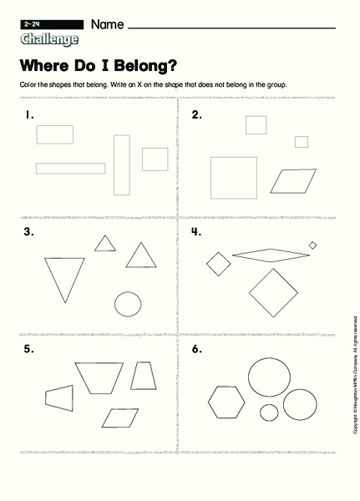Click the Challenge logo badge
coord(50,39)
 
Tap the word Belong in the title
coord(145,64)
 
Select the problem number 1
coord(29,115)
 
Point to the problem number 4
coord(196,232)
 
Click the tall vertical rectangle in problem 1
coord(122,164)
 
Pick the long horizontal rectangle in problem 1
coord(71,168)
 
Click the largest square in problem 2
coord(233,178)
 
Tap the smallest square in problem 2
coord(302,142)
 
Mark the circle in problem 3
coord(127,305)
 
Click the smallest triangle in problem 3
coord(104,243)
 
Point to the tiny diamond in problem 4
coord(312,245)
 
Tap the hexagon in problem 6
coord(226,405)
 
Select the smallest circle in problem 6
coord(269,412)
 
